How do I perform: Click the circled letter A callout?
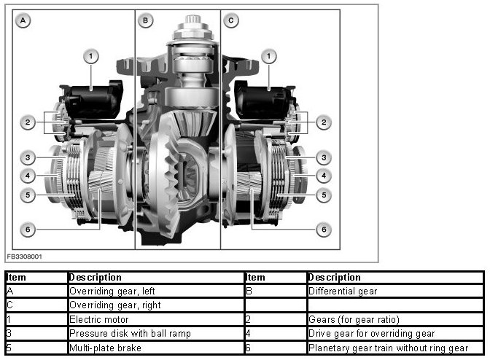coord(23,20)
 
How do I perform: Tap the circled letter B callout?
coord(145,20)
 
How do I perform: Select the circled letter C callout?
coord(231,20)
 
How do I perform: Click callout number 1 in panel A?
coord(91,57)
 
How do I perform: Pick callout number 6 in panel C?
coord(324,230)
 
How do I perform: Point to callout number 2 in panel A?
coord(28,122)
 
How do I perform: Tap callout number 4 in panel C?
coord(324,176)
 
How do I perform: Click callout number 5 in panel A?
coord(28,195)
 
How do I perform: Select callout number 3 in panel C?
coord(324,157)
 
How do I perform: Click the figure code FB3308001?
coord(24,257)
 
